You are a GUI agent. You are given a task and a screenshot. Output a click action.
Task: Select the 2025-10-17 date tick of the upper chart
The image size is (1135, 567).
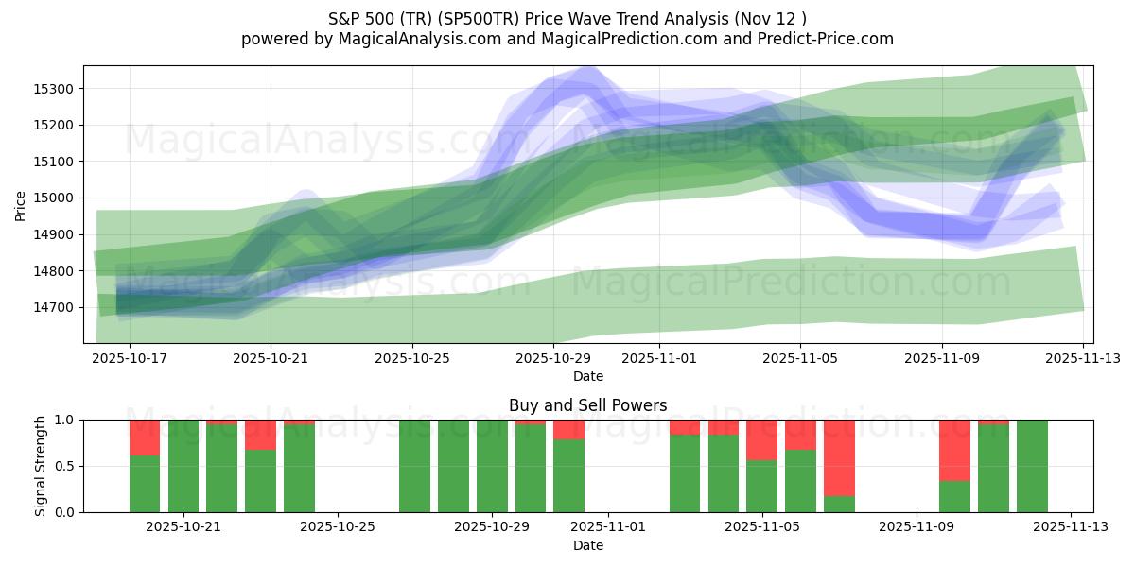pyautogui.click(x=130, y=358)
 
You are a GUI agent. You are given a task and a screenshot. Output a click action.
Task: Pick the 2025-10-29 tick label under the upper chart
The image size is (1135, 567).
pyautogui.click(x=552, y=358)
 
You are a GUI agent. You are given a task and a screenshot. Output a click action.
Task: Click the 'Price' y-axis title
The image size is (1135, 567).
pyautogui.click(x=21, y=204)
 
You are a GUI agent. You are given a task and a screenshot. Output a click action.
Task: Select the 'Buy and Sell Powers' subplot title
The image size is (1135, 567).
pyautogui.click(x=587, y=405)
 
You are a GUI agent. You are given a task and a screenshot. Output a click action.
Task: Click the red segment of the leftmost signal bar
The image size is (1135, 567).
pyautogui.click(x=145, y=438)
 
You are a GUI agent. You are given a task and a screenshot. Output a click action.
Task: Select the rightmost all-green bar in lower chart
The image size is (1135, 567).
pyautogui.click(x=1032, y=466)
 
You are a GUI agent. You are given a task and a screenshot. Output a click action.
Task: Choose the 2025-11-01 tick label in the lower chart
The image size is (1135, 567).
pyautogui.click(x=607, y=527)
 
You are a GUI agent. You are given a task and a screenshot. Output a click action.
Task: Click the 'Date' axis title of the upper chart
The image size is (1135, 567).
pyautogui.click(x=587, y=376)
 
